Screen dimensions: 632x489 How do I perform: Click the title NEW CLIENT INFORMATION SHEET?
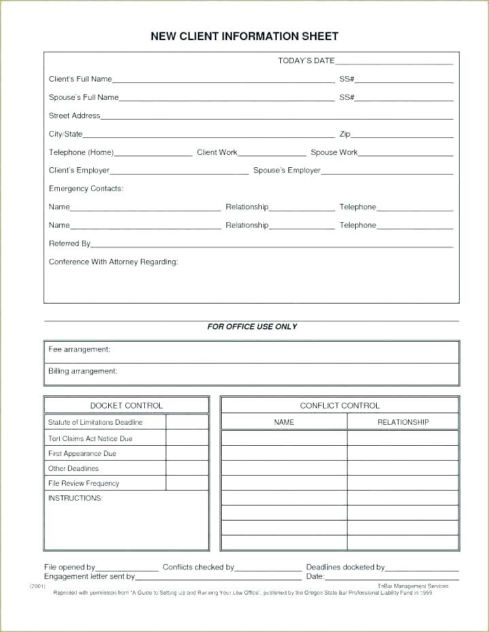coord(244,37)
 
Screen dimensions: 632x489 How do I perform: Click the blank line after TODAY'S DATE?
coord(394,62)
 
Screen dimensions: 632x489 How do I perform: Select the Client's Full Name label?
coord(80,80)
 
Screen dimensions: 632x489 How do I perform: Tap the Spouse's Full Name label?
coord(84,98)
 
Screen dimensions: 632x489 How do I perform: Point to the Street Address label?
coord(74,116)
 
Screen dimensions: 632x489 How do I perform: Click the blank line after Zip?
coord(402,135)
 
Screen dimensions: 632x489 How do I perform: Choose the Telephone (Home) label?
coord(81,153)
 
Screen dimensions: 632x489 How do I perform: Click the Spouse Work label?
coord(334,153)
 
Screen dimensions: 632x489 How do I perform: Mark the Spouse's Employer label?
coord(286,171)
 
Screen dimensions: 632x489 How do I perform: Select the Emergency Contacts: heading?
coord(86,189)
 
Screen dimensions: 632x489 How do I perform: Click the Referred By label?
coord(69,243)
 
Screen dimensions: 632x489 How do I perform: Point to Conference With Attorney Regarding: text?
coord(113,262)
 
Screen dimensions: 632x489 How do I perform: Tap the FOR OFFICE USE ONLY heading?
coord(252,327)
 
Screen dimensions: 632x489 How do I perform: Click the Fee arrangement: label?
coord(79,349)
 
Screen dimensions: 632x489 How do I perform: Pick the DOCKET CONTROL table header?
coord(127,406)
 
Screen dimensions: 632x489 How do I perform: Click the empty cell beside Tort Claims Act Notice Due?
coord(187,438)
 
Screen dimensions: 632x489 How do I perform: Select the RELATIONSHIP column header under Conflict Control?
coord(403,422)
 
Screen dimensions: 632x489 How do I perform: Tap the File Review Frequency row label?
coord(84,484)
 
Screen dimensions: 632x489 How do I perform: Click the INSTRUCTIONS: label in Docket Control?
coord(75,499)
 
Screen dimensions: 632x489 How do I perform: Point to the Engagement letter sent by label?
coord(89,576)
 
